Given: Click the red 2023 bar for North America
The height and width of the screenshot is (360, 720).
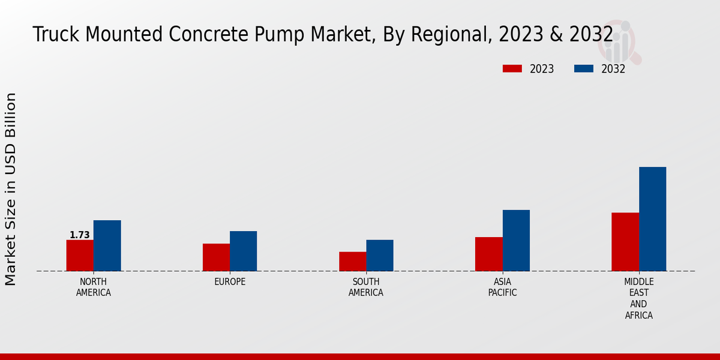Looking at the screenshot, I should pos(80,256).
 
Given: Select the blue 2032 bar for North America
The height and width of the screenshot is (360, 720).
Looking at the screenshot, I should pos(107,245).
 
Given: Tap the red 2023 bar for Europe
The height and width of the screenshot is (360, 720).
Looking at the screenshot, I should pos(216,257).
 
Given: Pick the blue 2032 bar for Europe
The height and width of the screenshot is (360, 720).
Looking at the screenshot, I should pos(243,251).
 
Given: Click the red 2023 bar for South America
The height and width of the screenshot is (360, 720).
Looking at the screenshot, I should pos(352,261).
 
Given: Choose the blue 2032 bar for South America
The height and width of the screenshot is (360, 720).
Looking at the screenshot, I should pos(380,256).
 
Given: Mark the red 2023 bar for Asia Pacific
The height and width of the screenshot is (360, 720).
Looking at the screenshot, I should pos(489,254).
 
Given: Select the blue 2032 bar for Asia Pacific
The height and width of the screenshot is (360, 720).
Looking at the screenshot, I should pos(516,240).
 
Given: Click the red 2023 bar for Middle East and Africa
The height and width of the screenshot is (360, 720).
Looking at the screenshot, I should pos(625,242).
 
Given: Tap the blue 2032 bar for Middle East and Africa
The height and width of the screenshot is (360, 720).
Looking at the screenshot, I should pos(652,219).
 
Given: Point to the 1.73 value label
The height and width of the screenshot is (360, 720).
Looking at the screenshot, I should pos(80,235).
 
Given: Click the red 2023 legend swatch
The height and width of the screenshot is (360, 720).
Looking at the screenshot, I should pos(512,69).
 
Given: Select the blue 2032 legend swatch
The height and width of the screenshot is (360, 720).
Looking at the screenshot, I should pos(583,69).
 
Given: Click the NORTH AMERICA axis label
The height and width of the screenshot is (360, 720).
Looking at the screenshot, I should pos(94,287).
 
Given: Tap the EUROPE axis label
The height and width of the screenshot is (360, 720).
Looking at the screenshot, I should pos(230,282).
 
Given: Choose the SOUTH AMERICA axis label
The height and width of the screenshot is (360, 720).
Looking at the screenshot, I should pos(366,287).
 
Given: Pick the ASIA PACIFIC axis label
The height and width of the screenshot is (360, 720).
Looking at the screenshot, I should pos(503,287).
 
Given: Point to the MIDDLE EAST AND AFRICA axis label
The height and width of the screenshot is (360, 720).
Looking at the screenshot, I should pos(639,298).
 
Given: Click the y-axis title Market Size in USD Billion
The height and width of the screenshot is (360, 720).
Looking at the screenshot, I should pos(11,189).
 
